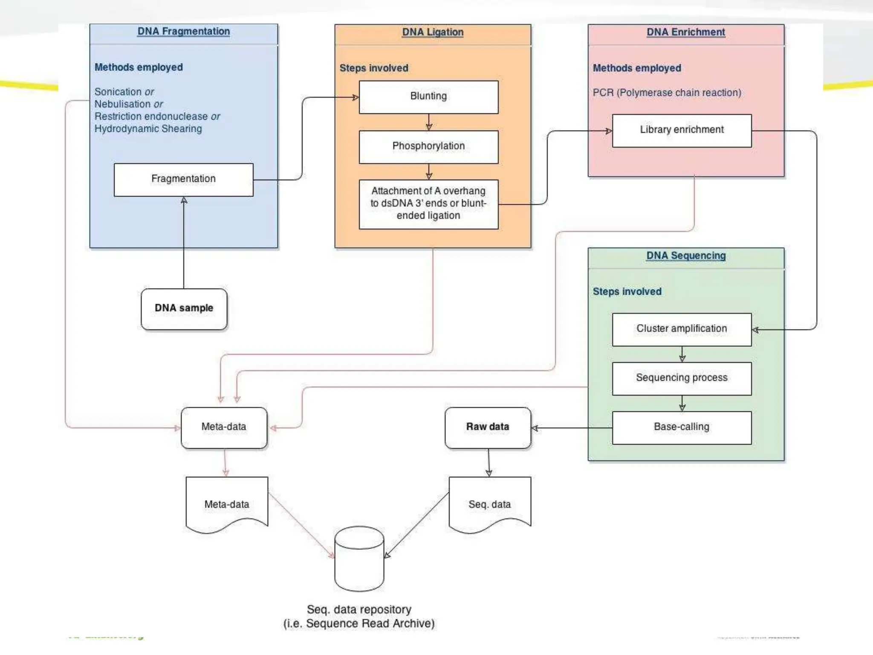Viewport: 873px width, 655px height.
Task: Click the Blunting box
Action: tap(428, 97)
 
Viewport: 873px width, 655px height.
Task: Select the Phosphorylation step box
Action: tap(428, 146)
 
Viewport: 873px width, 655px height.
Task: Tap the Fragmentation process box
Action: tap(183, 179)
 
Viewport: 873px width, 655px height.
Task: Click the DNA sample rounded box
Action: tap(184, 308)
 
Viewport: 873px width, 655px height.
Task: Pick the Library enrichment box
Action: tap(682, 130)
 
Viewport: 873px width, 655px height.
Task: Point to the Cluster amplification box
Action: tap(682, 329)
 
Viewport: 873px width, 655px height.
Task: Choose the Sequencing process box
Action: tap(682, 378)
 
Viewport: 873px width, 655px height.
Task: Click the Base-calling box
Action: tap(682, 427)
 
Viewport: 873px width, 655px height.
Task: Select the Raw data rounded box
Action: tap(488, 427)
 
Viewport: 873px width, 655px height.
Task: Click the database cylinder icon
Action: tap(359, 559)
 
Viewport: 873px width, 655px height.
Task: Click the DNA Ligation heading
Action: tap(433, 32)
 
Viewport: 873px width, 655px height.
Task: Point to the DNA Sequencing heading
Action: tap(686, 255)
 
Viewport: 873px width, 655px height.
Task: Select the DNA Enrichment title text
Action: tap(685, 32)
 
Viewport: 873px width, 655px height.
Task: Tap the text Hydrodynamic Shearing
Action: tap(148, 129)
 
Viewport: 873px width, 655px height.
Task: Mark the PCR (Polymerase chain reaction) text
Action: tap(667, 93)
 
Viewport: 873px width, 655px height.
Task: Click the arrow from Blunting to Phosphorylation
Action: tap(429, 122)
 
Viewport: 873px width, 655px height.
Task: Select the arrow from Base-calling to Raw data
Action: tap(571, 428)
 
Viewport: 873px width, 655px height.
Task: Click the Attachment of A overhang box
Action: tap(428, 204)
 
